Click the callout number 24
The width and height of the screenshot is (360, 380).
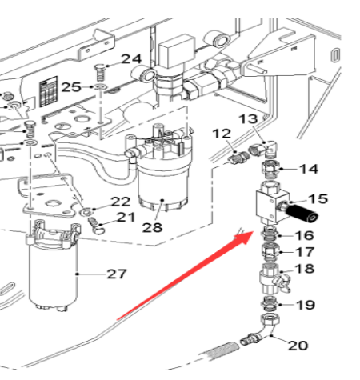130,59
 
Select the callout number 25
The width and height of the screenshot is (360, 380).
71,86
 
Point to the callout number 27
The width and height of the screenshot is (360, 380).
117,274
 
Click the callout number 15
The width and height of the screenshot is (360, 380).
318,198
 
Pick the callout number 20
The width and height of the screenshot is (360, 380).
297,346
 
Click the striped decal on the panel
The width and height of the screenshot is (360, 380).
49,90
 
